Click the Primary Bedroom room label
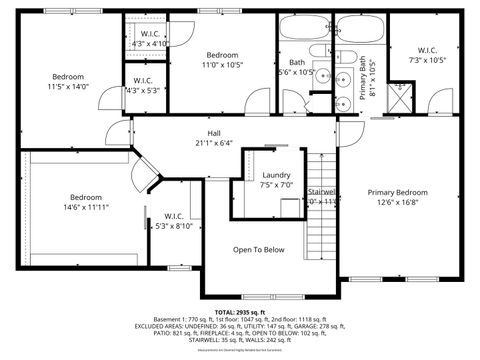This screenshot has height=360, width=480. click(x=397, y=192)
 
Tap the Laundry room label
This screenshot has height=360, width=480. click(x=276, y=175)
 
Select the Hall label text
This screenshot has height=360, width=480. click(x=214, y=133)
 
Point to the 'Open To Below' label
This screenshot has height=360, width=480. click(x=259, y=250)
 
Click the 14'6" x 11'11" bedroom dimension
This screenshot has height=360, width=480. click(x=87, y=207)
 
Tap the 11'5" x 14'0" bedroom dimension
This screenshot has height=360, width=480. click(x=68, y=87)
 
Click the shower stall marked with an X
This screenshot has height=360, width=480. click(x=405, y=95)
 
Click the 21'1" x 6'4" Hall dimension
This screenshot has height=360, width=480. click(x=214, y=143)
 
